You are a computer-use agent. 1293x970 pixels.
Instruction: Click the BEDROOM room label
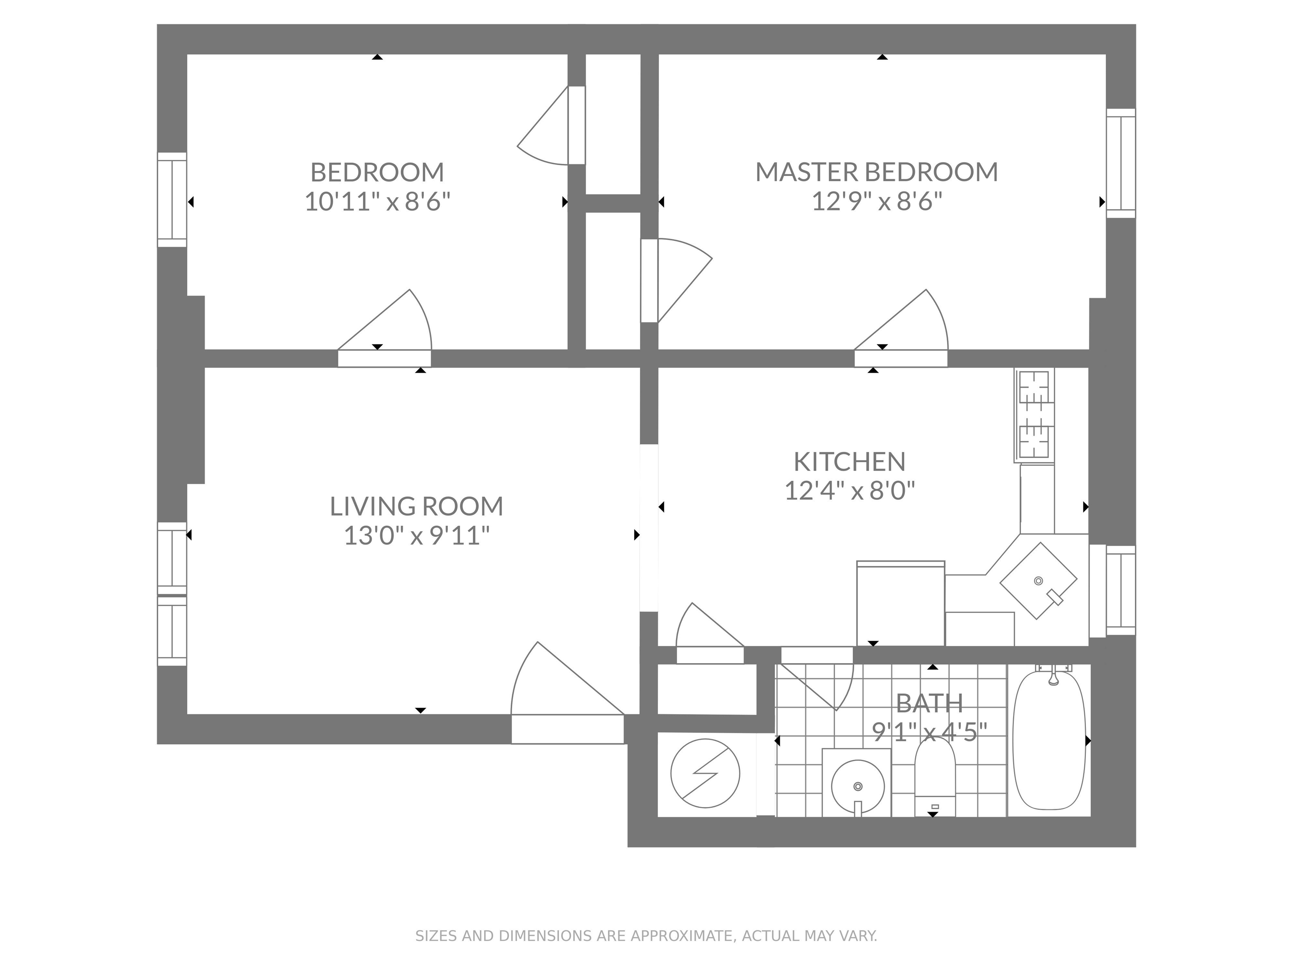coord(377,172)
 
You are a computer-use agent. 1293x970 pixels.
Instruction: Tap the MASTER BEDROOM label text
coord(876,172)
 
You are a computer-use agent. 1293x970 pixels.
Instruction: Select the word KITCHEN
coord(849,462)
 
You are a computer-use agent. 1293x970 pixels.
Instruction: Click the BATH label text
coord(929,703)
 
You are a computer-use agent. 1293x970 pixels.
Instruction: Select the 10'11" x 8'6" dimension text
coord(377,202)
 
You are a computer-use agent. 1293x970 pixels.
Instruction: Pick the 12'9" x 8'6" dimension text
coord(877,202)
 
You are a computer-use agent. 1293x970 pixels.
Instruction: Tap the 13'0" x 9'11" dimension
coord(416,536)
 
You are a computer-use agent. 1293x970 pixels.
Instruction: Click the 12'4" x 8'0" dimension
coord(849,490)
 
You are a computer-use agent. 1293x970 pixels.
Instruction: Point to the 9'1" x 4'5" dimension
coord(929,731)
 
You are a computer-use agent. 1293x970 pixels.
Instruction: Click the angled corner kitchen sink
coord(1038,581)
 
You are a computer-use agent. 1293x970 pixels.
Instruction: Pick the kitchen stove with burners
coord(1036,415)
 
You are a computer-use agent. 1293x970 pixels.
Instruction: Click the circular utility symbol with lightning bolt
coord(705,773)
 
